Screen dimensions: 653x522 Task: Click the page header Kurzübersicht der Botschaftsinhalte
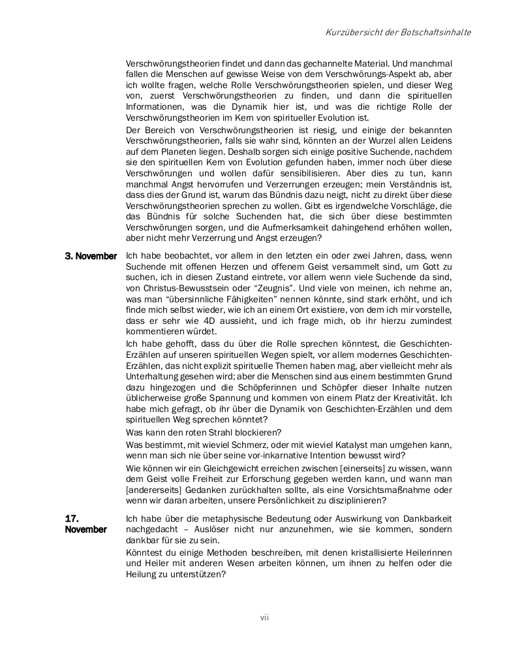(x=398, y=32)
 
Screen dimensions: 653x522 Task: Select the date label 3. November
(x=91, y=256)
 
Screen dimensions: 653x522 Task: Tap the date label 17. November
(x=85, y=524)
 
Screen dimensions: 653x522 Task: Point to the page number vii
(x=264, y=617)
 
